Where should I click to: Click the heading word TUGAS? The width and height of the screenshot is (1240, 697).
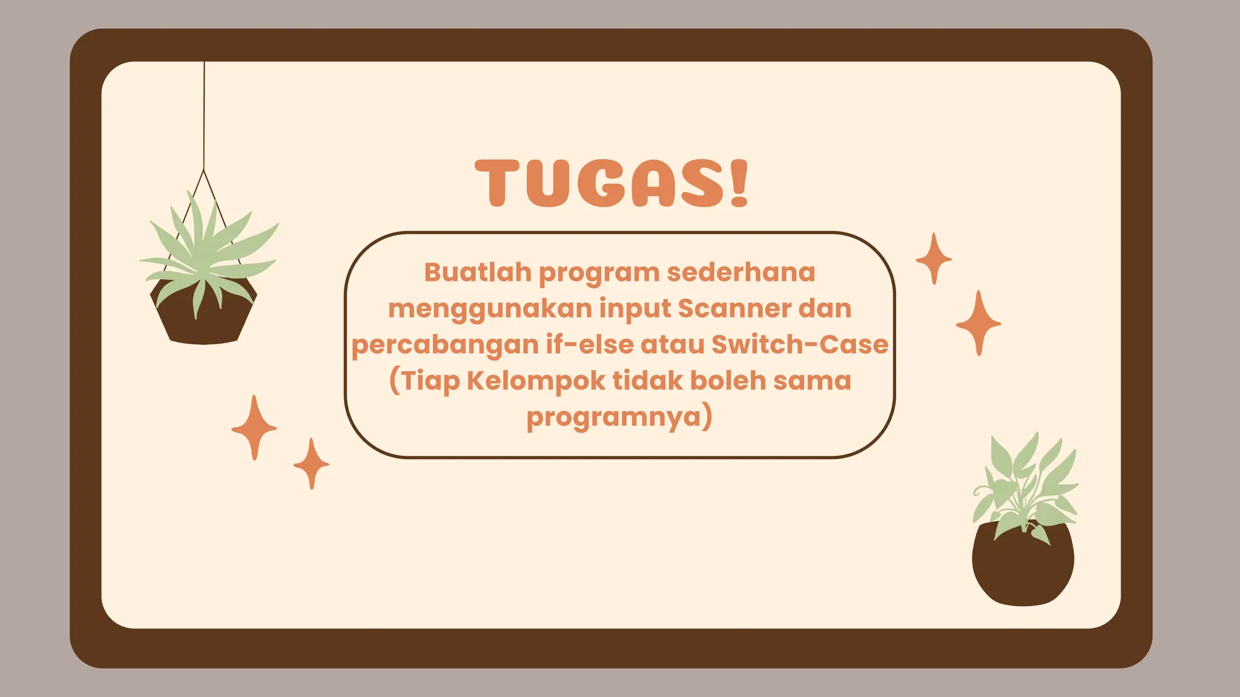tap(612, 183)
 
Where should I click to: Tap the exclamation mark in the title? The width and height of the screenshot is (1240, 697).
tap(739, 183)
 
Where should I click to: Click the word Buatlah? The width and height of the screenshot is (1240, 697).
tap(477, 272)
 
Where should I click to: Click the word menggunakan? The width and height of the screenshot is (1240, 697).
tap(490, 309)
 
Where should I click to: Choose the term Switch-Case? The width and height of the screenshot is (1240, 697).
tap(800, 344)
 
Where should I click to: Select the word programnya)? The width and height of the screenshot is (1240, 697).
tap(619, 417)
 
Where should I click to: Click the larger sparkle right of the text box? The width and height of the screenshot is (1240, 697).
tap(978, 323)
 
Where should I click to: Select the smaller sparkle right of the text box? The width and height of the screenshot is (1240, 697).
tap(934, 259)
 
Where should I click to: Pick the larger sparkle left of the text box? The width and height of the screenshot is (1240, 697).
tap(254, 428)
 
